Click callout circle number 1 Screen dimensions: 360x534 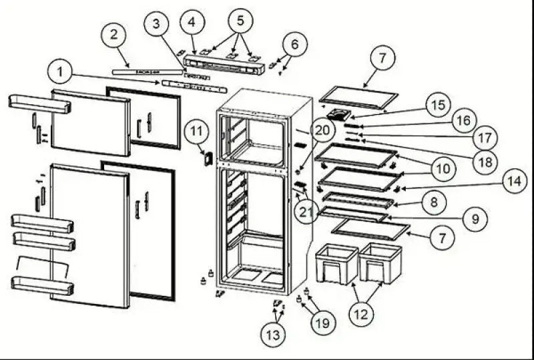(61, 71)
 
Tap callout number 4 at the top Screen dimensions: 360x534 (192, 23)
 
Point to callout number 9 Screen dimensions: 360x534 (476, 218)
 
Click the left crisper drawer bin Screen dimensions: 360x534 (336, 263)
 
